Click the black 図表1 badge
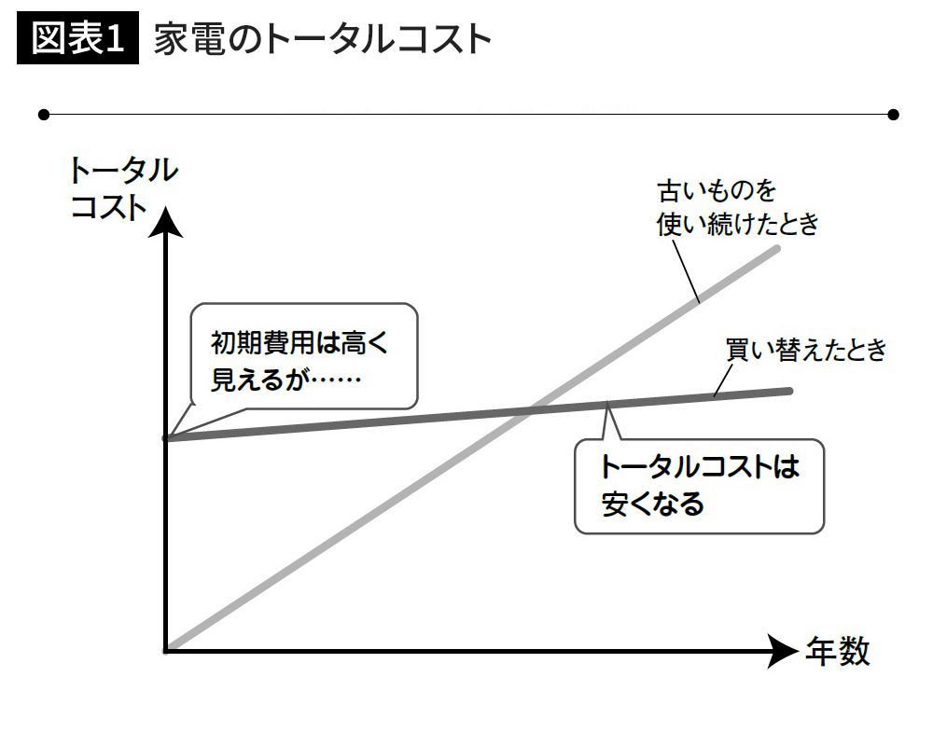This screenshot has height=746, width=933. pyautogui.click(x=77, y=40)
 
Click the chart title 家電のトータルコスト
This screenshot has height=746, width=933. pyautogui.click(x=322, y=41)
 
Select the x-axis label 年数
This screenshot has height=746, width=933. pyautogui.click(x=837, y=652)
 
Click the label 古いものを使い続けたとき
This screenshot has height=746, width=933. pyautogui.click(x=737, y=208)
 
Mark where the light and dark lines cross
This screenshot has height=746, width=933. pyautogui.click(x=530, y=408)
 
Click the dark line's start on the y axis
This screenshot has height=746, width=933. pyautogui.click(x=167, y=437)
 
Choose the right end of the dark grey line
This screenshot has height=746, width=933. pyautogui.click(x=789, y=391)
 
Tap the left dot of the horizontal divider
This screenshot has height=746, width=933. pyautogui.click(x=43, y=115)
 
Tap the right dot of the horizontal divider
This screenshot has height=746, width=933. pyautogui.click(x=893, y=115)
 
